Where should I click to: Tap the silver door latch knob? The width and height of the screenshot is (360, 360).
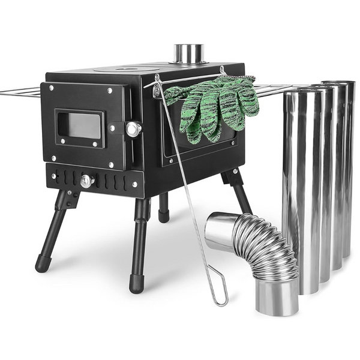tap(133, 129)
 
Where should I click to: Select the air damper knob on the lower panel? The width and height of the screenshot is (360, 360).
tap(87, 181)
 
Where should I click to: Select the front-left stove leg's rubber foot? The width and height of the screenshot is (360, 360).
tap(43, 263)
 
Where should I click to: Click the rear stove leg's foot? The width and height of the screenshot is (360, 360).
tap(164, 215)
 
